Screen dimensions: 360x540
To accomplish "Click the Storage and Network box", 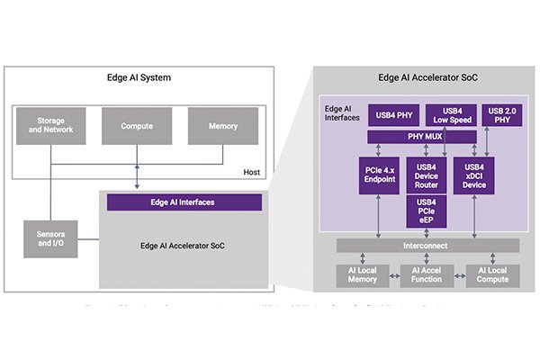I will click(x=51, y=127).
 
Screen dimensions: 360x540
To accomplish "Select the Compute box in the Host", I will click(x=137, y=127).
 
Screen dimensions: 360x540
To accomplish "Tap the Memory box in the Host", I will click(x=222, y=127).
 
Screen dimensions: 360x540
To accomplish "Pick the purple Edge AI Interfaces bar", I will click(x=184, y=202).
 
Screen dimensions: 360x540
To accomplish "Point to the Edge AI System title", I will click(x=139, y=77).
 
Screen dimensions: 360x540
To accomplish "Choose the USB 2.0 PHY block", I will click(x=504, y=115).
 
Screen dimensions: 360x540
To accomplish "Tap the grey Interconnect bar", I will click(x=423, y=246).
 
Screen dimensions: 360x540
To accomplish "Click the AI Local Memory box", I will click(x=362, y=274).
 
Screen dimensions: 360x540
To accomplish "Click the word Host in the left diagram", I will click(x=252, y=172).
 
